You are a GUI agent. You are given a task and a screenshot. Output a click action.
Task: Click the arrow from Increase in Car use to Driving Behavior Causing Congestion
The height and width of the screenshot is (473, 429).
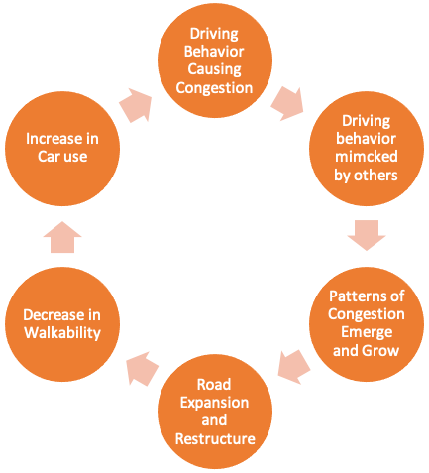(136, 105)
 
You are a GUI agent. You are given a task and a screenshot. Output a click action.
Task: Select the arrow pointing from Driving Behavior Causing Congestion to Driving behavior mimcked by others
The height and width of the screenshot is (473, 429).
(287, 104)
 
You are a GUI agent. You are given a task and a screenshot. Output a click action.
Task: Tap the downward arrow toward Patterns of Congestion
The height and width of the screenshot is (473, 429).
(367, 235)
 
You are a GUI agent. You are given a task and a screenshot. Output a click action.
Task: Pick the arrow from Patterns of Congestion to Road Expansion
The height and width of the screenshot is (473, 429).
(294, 367)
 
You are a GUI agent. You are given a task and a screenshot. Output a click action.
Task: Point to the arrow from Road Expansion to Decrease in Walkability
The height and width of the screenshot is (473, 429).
(143, 369)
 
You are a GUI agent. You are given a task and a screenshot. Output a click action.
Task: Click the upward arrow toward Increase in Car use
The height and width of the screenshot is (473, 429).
(62, 237)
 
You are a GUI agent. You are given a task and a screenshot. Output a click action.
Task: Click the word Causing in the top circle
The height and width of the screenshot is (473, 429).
(215, 70)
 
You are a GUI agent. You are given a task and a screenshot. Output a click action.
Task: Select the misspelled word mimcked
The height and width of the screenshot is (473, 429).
(367, 157)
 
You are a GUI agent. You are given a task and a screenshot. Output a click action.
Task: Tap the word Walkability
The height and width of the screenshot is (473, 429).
(62, 333)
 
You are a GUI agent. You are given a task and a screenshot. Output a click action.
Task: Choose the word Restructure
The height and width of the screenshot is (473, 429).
(215, 439)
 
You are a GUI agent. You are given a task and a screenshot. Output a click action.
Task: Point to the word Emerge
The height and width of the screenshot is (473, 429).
(367, 332)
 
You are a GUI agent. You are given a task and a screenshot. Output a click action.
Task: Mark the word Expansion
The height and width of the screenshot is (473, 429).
(215, 403)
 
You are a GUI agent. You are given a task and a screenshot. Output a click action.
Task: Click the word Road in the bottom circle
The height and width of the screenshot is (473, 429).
(214, 385)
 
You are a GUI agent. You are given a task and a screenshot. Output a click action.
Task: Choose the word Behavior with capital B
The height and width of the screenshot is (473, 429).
(214, 52)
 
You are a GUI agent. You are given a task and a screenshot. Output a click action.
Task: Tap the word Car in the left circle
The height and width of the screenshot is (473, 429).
(49, 157)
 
